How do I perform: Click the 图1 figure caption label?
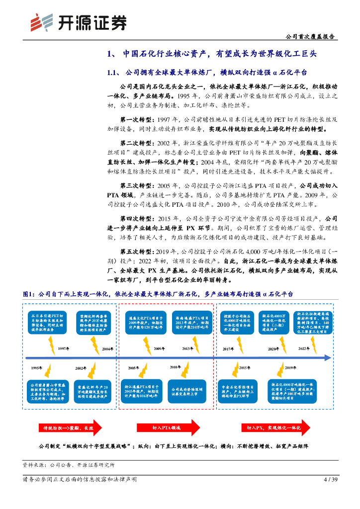[x=29, y=294]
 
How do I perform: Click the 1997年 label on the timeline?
[x=64, y=348]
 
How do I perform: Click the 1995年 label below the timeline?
[x=37, y=367]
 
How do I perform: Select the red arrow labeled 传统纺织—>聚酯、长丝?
[x=70, y=427]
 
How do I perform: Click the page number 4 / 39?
[x=331, y=480]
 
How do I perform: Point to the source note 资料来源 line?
[x=69, y=465]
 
